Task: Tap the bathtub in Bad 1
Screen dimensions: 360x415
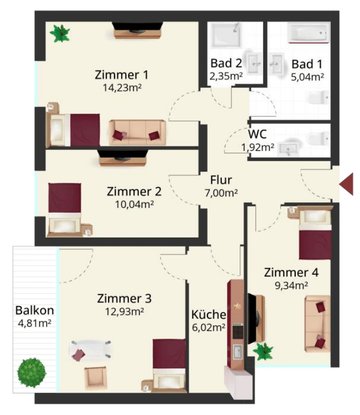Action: tap(309, 33)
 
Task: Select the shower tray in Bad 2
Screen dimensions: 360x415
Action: tap(226, 35)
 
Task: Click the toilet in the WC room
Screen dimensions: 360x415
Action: tap(318, 139)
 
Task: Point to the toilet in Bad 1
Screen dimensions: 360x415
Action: tap(318, 97)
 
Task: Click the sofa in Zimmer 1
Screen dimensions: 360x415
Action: tap(137, 133)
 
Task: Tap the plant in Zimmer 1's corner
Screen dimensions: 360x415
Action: tap(60, 34)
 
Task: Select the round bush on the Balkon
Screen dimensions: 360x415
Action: tap(32, 373)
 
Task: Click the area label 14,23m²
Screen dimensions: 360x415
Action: tap(122, 87)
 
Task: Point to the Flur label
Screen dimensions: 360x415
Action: tap(221, 180)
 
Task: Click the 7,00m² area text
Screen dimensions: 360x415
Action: tap(221, 193)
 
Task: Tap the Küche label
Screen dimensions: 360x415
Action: tap(209, 314)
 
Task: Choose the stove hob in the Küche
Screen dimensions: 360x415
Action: tap(238, 331)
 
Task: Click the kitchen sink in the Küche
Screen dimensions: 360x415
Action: tap(238, 352)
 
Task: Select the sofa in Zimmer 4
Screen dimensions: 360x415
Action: tap(318, 324)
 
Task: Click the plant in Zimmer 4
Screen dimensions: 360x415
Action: tap(263, 352)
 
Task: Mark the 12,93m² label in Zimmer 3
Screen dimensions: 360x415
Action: tap(124, 312)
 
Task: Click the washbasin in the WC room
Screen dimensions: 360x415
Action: tap(289, 149)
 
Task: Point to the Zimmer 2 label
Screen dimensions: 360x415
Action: tap(134, 192)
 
